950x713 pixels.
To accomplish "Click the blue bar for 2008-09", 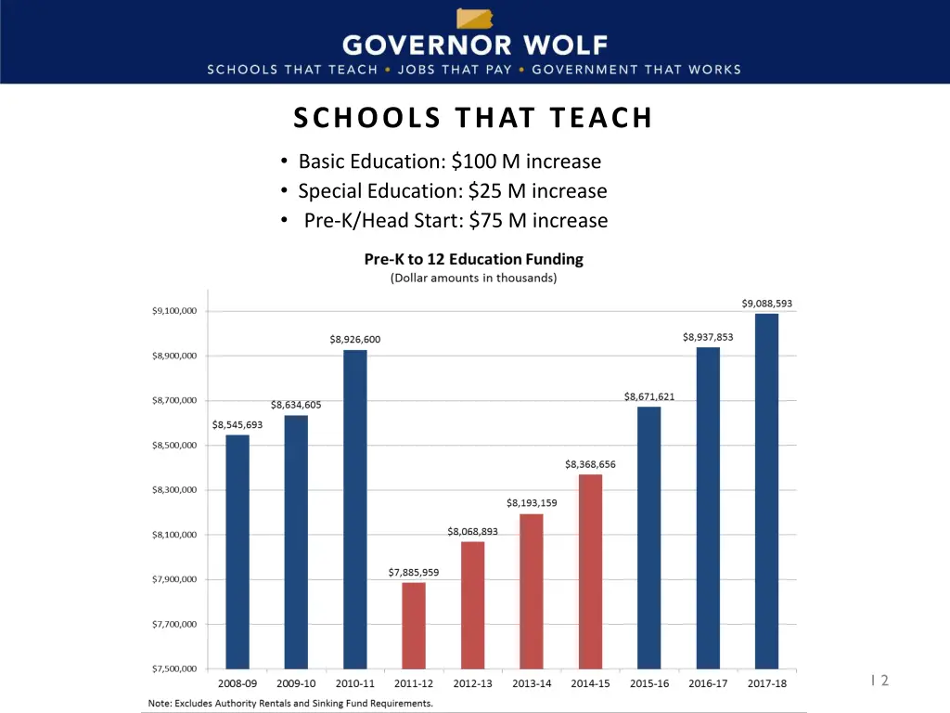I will pyautogui.click(x=237, y=551).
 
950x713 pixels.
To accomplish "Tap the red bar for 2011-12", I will pyautogui.click(x=414, y=625).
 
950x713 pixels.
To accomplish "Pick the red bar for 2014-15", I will pyautogui.click(x=590, y=571).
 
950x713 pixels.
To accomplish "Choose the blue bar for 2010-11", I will pyautogui.click(x=355, y=509).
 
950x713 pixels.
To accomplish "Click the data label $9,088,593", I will pyautogui.click(x=766, y=304).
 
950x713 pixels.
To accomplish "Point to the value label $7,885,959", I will pyautogui.click(x=414, y=573).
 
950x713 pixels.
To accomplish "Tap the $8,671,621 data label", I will pyautogui.click(x=649, y=396).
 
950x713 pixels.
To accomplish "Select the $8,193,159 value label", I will pyautogui.click(x=532, y=503).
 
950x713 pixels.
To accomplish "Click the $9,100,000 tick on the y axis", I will pyautogui.click(x=173, y=311).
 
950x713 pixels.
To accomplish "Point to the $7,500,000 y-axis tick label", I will pyautogui.click(x=173, y=668).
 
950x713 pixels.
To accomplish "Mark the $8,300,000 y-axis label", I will pyautogui.click(x=173, y=490).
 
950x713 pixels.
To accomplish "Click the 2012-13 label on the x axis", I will pyautogui.click(x=472, y=684).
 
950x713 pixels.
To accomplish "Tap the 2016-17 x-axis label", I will pyautogui.click(x=708, y=684).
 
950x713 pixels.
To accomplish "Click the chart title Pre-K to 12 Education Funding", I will pyautogui.click(x=473, y=260).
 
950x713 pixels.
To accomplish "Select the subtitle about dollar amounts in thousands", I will pyautogui.click(x=473, y=278).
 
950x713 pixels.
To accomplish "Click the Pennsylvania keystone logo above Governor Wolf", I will pyautogui.click(x=474, y=19).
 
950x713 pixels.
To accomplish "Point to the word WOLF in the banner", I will pyautogui.click(x=561, y=45).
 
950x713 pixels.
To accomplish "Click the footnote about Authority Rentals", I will pyautogui.click(x=290, y=703).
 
